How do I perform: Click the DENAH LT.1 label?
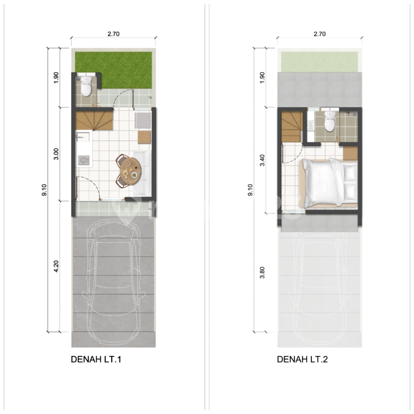coord(96,360)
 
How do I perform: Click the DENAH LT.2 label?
coord(302,360)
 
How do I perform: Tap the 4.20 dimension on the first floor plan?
coord(56,267)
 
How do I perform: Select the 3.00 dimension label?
coord(56,154)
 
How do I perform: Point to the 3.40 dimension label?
coord(262,160)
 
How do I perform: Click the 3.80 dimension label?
coord(262,272)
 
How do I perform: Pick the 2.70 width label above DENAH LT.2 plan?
coord(319,34)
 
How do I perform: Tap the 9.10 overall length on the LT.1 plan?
coord(44,190)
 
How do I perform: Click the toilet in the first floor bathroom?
coord(86,86)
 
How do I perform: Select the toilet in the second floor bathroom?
coord(330,121)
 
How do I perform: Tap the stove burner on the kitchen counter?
coord(84,160)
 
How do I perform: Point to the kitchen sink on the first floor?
coord(82,137)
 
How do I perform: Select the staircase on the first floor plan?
coord(94,121)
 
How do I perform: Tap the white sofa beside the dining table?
coord(143,173)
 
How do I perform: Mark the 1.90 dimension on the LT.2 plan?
coord(262,78)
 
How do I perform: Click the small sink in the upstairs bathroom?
coord(311,125)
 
